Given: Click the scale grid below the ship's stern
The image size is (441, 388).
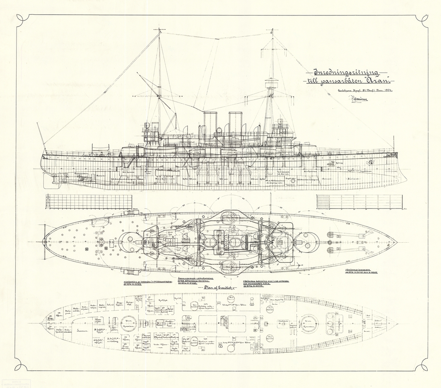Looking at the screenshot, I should point(88,203).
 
